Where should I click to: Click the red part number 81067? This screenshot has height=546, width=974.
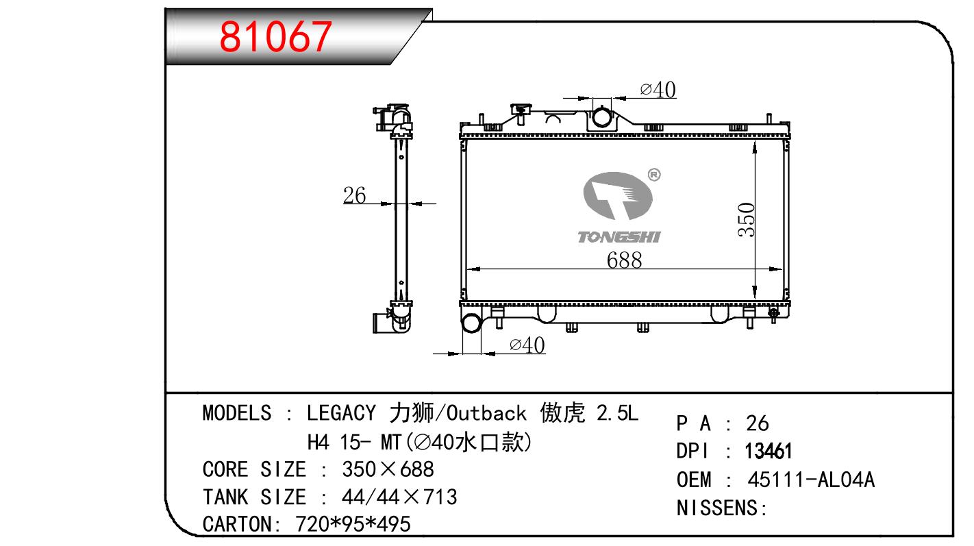point(275,36)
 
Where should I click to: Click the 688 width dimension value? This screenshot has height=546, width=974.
point(624,260)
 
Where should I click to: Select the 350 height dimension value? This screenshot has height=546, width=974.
point(747,220)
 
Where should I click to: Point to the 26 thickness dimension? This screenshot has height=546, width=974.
point(354,195)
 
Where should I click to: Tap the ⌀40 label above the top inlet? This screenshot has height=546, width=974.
point(658,90)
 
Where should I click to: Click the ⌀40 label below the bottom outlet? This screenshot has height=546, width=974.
point(527,345)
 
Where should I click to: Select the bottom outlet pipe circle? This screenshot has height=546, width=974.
point(471,323)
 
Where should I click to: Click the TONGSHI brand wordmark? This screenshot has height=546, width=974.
point(619,237)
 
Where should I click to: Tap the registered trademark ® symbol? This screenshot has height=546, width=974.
point(654,175)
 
